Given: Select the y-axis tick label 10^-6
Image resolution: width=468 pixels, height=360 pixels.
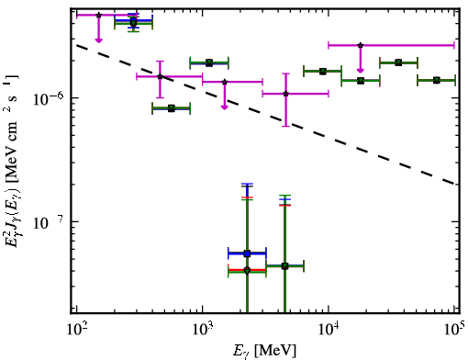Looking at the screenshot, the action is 49,98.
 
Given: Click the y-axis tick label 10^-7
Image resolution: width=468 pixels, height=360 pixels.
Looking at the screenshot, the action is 49,222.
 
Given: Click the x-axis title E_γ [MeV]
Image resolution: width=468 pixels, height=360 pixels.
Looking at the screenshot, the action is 264,351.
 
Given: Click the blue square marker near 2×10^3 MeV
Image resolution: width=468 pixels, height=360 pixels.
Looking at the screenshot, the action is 247,253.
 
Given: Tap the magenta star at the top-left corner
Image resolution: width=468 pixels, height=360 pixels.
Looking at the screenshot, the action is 98,15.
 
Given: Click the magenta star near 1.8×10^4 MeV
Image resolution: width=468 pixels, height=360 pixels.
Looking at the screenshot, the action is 361,45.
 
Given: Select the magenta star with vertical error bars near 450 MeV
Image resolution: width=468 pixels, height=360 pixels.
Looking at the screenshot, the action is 160,76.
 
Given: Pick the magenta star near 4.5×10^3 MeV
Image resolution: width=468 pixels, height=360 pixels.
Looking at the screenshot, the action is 285,94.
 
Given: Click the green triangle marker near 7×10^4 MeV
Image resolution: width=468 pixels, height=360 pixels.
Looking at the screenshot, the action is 437,80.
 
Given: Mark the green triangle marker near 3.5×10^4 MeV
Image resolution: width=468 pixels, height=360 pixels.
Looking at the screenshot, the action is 398,62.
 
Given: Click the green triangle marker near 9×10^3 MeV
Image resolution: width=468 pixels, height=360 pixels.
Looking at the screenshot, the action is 323,72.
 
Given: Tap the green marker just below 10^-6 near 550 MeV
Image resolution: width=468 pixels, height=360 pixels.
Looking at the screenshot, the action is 172,108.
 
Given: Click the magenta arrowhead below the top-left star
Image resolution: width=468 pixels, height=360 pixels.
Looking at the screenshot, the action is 98,40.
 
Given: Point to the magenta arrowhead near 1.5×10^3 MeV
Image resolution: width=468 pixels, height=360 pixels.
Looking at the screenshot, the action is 225,107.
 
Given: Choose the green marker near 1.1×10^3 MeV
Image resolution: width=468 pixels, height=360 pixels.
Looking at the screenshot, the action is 209,63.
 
